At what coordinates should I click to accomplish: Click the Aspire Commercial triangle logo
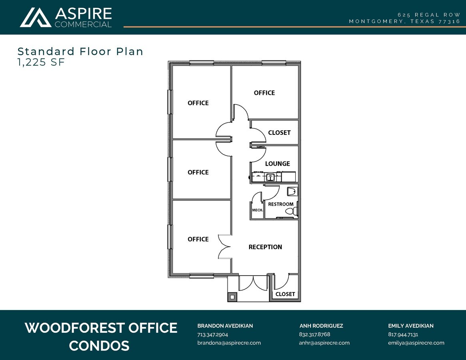click(x=35, y=17)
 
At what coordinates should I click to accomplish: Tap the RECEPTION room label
click(x=265, y=247)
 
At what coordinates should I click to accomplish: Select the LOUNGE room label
click(x=277, y=164)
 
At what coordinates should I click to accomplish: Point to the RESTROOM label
click(x=280, y=204)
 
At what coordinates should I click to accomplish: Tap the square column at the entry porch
click(x=232, y=297)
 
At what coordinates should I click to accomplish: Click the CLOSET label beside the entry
click(x=285, y=294)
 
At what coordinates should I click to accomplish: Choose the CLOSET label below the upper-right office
click(x=279, y=132)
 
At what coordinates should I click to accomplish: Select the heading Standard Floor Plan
click(x=80, y=51)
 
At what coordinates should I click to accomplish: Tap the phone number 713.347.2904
click(x=212, y=334)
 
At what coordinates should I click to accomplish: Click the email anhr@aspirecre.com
click(x=324, y=343)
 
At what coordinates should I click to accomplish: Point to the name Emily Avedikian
click(x=410, y=326)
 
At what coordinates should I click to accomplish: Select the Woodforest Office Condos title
click(x=101, y=336)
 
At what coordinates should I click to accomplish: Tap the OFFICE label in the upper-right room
click(x=264, y=93)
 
